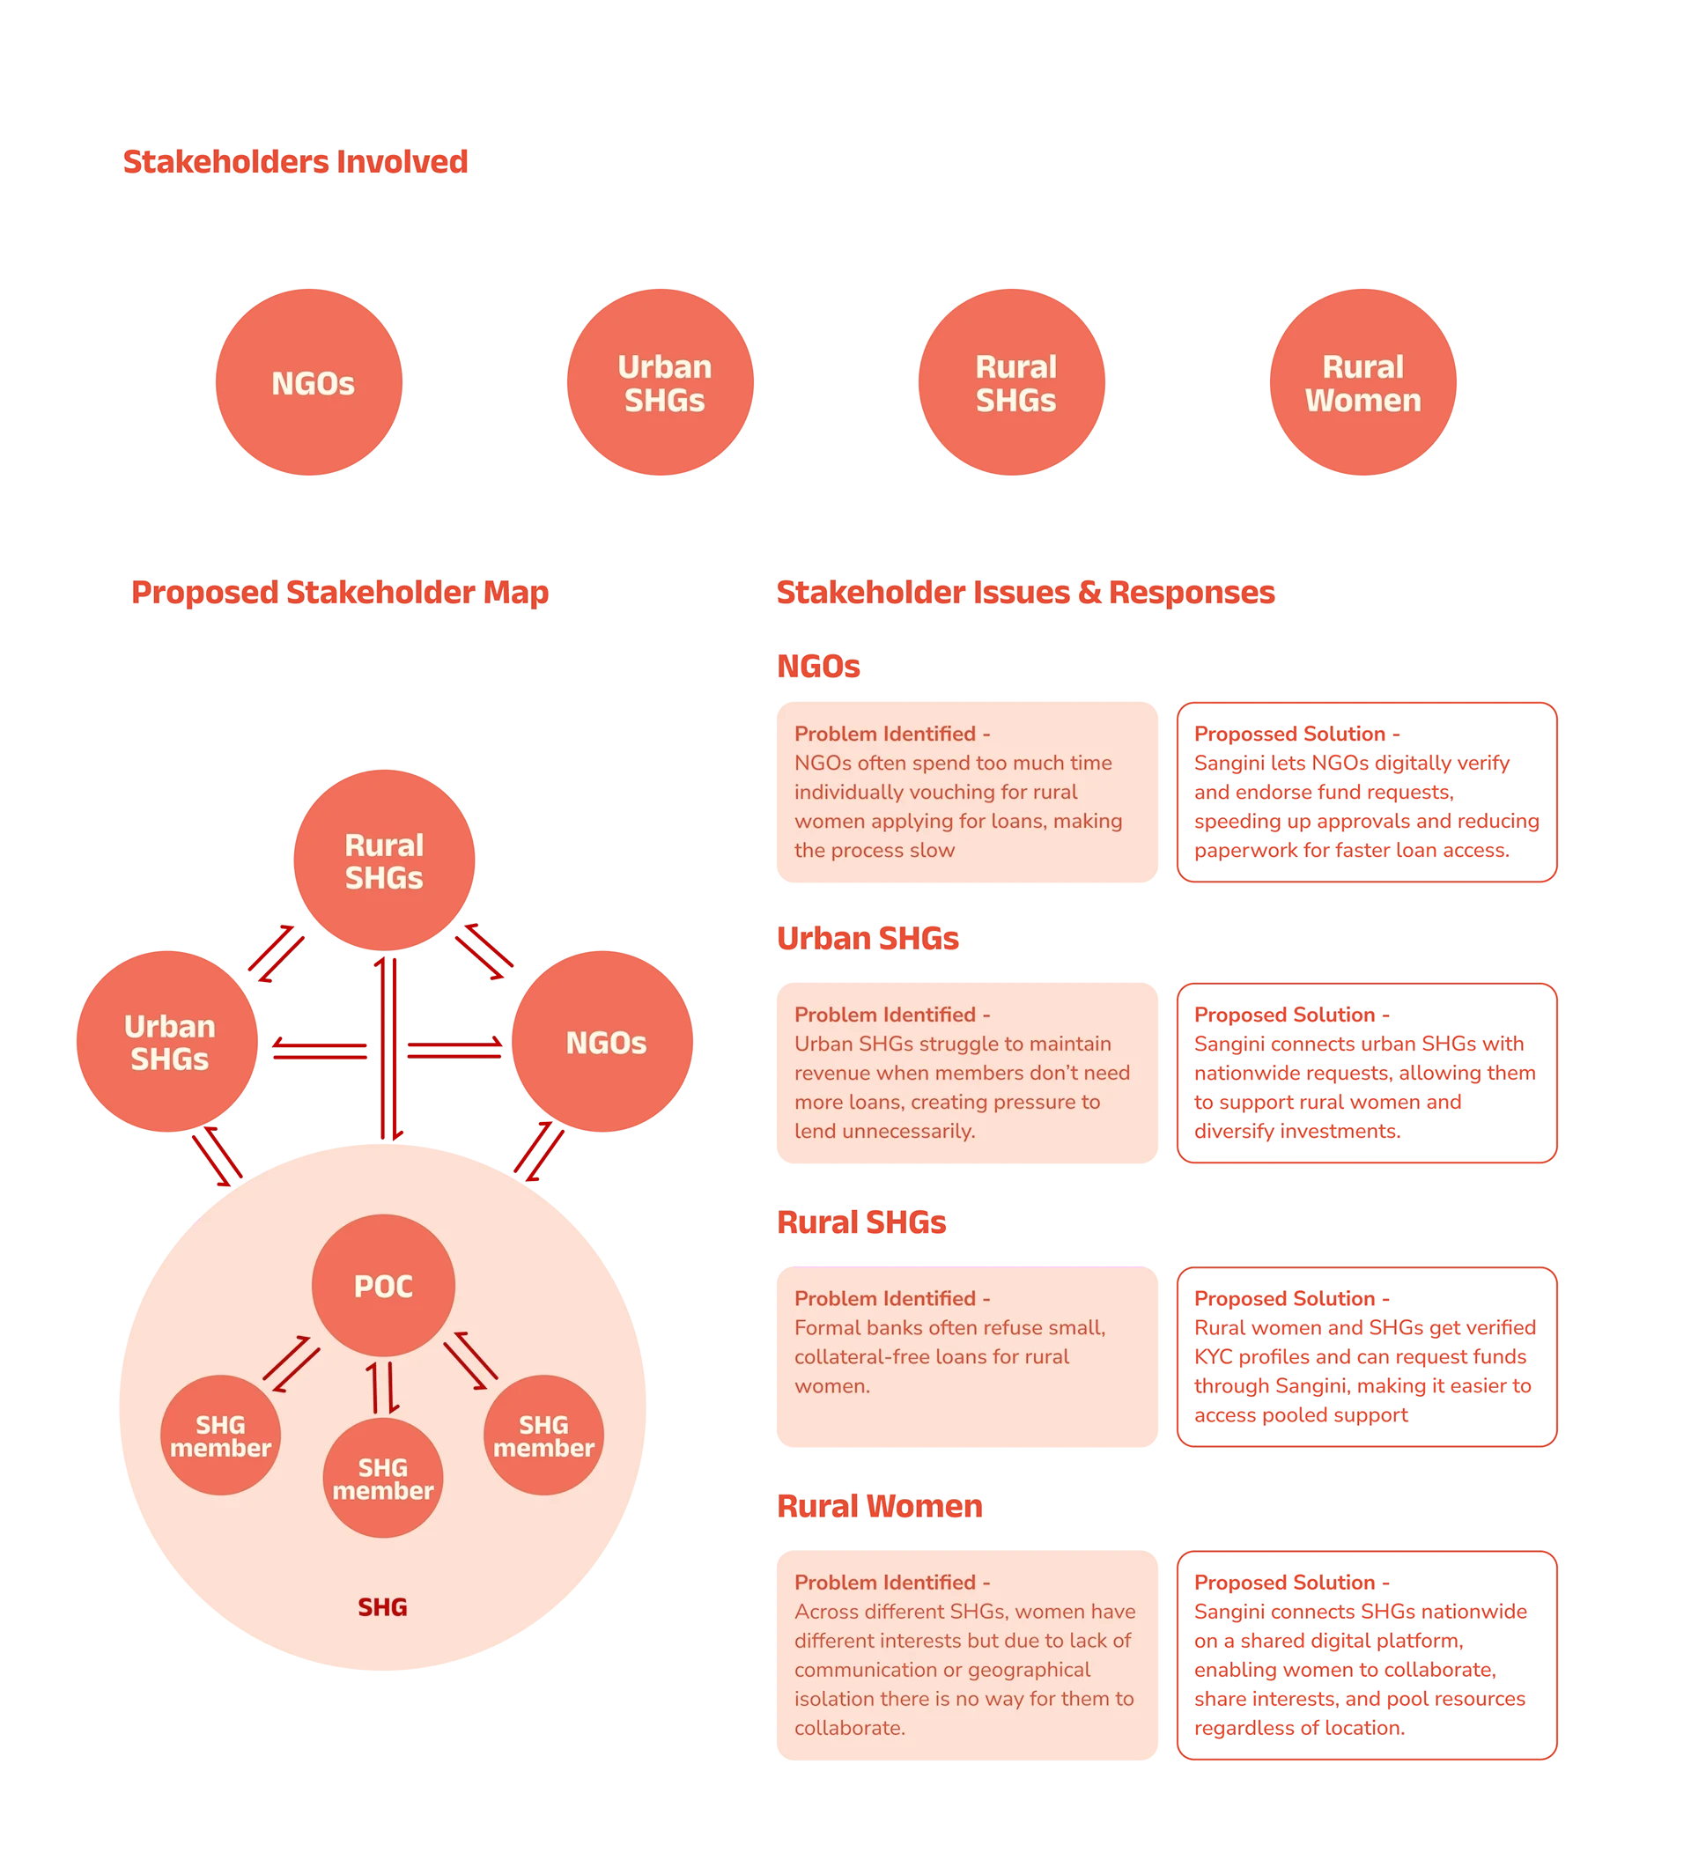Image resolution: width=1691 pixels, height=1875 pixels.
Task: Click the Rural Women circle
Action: pos(1362,383)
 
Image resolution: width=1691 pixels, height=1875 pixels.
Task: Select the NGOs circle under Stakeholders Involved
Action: pos(312,383)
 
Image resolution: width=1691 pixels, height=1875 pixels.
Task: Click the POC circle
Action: pos(383,1286)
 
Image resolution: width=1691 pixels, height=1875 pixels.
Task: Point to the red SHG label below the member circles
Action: pos(383,1607)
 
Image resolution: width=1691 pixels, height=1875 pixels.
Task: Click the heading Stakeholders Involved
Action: pos(295,162)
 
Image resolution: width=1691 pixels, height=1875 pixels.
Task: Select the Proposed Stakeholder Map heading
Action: pos(339,593)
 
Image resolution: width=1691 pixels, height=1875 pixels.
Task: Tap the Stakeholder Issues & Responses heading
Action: pos(1025,593)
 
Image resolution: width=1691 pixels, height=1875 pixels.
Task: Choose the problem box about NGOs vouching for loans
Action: pos(967,792)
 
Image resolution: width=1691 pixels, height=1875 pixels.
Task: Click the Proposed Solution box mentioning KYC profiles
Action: pos(1365,1356)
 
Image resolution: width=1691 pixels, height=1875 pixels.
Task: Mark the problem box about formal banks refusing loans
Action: pos(967,1356)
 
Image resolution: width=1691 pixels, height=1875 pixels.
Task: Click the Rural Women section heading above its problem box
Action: pos(879,1506)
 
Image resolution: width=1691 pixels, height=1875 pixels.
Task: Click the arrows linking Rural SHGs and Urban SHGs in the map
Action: pos(276,952)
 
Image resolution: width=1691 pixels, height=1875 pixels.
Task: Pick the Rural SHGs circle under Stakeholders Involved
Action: pos(1015,383)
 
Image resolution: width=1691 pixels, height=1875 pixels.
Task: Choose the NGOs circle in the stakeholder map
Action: pos(606,1043)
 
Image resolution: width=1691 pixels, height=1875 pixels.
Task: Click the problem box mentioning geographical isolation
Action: pos(967,1655)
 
